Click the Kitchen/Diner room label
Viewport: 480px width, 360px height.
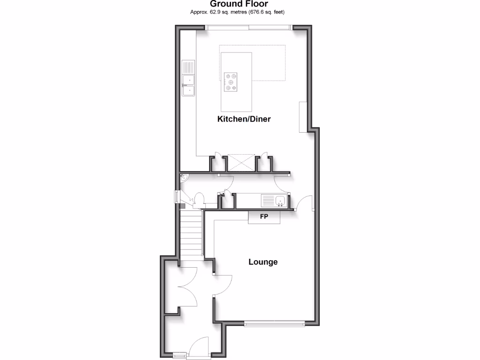point(244,119)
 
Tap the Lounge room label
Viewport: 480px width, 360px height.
point(263,262)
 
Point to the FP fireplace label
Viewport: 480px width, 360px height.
point(264,217)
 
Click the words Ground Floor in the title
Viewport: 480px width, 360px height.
point(239,4)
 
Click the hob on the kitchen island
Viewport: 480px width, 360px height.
point(231,81)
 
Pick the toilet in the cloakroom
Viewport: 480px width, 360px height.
point(198,200)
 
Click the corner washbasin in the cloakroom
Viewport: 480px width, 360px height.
point(184,178)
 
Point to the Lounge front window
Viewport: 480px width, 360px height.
point(275,322)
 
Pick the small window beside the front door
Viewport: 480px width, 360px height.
point(179,356)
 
